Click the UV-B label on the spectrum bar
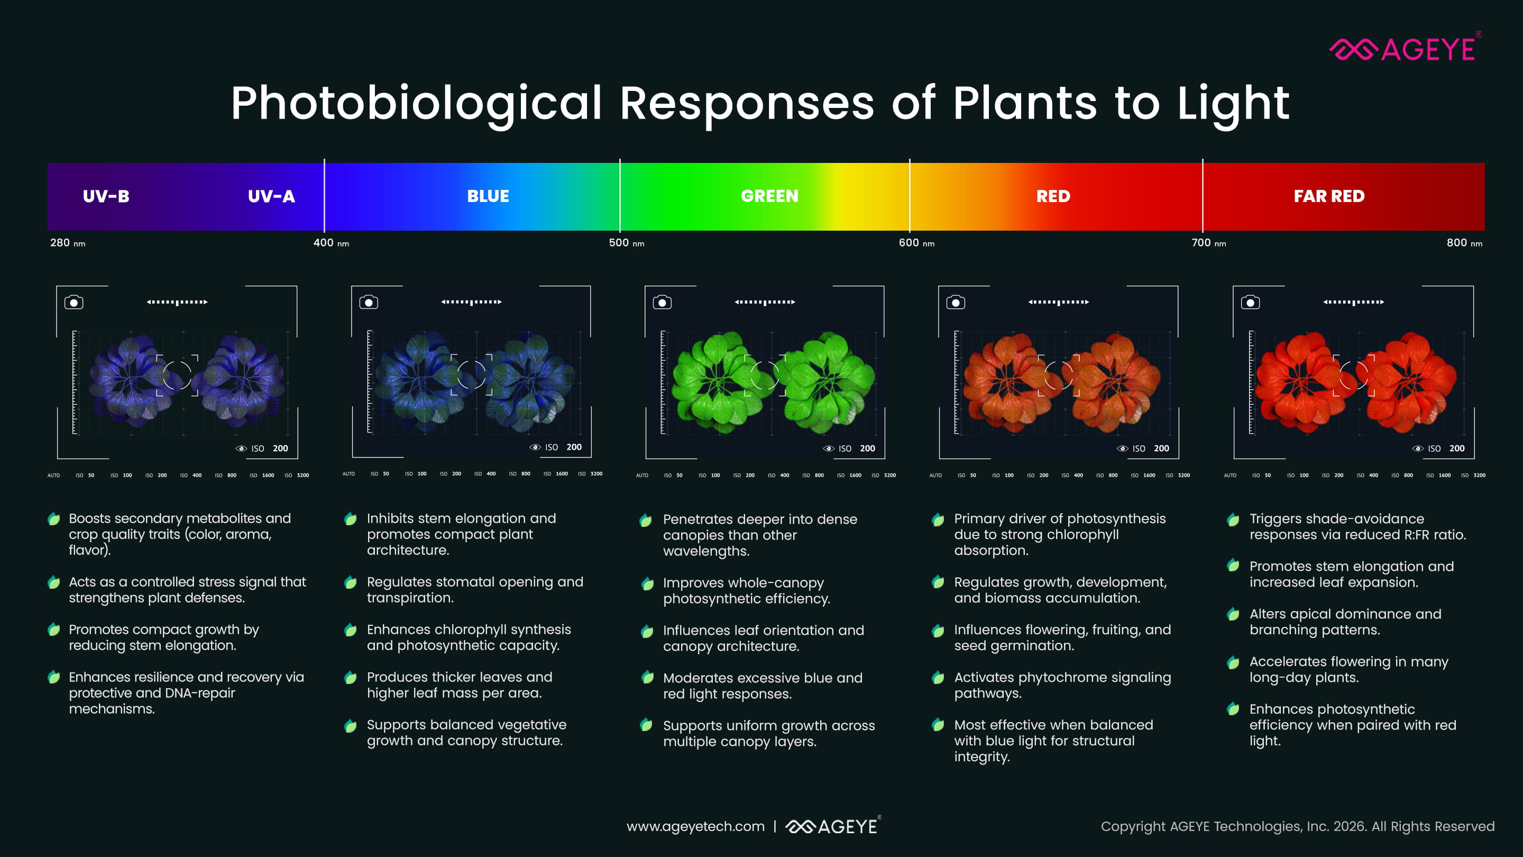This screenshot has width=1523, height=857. [106, 196]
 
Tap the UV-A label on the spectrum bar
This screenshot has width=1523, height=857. [271, 196]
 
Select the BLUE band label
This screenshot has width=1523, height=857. [488, 196]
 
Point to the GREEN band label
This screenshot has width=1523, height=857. [769, 196]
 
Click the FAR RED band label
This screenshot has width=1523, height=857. [1328, 196]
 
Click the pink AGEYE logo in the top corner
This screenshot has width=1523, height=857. [1404, 49]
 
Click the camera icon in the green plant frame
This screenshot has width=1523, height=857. [662, 302]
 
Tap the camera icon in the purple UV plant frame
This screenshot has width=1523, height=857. [74, 302]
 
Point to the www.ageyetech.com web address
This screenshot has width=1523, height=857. [695, 826]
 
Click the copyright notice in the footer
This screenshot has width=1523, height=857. [1297, 826]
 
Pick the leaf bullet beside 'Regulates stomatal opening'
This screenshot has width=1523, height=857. [350, 582]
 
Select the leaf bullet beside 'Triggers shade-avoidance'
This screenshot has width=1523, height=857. [1233, 520]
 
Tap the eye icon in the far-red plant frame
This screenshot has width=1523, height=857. [1418, 448]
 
